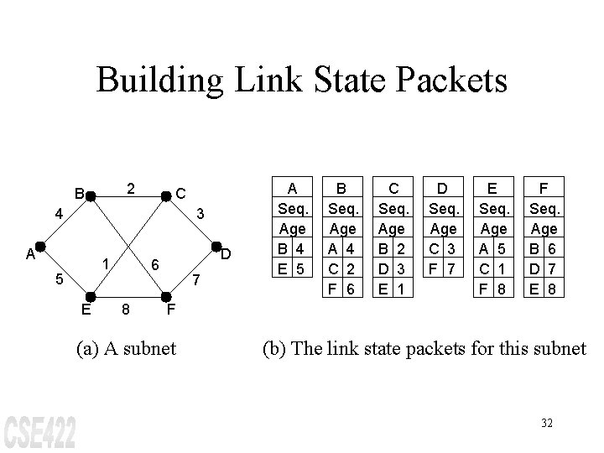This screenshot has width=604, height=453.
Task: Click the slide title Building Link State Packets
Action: click(302, 81)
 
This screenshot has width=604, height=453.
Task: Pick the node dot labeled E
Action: click(91, 296)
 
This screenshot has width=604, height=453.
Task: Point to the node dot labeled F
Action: click(165, 296)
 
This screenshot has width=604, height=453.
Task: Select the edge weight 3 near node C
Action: click(200, 214)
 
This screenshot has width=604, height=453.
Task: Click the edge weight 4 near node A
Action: click(58, 214)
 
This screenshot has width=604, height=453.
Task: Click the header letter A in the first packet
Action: click(293, 189)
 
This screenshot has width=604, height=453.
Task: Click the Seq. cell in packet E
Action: click(492, 208)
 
